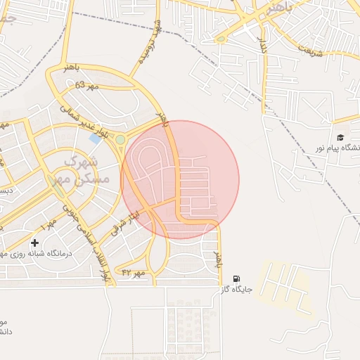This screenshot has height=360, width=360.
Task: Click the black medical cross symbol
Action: pyautogui.click(x=34, y=243)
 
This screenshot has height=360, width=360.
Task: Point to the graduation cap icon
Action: pyautogui.click(x=341, y=138)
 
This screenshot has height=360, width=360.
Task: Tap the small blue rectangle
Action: pyautogui.click(x=95, y=139)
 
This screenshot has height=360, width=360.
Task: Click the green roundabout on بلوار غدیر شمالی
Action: pyautogui.click(x=120, y=139)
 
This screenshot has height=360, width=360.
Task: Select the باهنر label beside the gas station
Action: pyautogui.click(x=217, y=259)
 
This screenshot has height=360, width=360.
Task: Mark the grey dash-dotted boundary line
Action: pyautogui.click(x=309, y=155)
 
